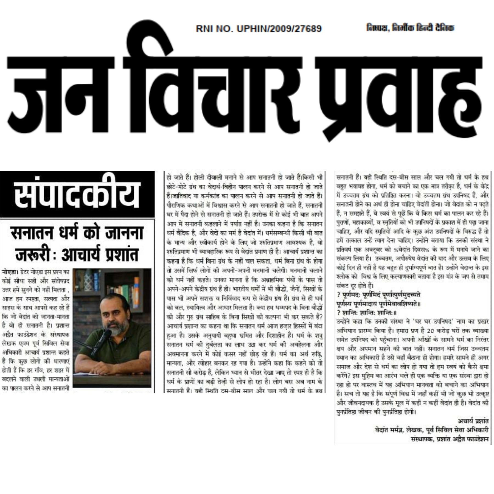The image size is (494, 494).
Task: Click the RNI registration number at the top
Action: tap(259, 29)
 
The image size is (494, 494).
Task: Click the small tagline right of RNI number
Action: tap(410, 28)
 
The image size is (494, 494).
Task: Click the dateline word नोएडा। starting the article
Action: tap(10, 272)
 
